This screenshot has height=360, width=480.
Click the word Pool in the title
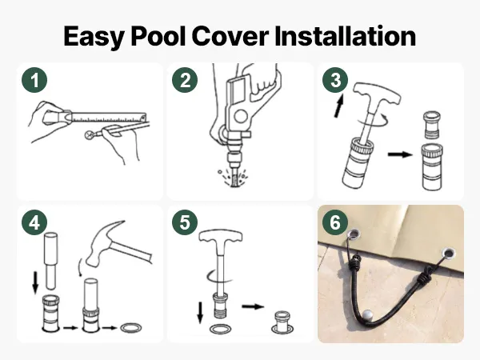tap(158, 36)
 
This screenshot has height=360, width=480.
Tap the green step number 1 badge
tap(34, 80)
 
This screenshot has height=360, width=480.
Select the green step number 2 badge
tap(185, 80)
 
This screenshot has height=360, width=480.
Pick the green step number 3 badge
tap(335, 80)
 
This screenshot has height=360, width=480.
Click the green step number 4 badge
tap(34, 222)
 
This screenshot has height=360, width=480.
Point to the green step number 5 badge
tap(185, 222)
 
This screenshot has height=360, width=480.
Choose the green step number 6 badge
tap(335, 222)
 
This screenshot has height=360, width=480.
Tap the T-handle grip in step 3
tap(377, 93)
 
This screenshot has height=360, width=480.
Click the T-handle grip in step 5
tap(221, 238)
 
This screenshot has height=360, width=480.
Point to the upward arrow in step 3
tap(338, 106)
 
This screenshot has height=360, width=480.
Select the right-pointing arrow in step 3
tap(400, 154)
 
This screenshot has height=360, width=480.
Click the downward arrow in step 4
tap(35, 283)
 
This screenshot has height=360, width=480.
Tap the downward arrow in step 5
tap(200, 313)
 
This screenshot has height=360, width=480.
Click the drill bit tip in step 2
tap(234, 183)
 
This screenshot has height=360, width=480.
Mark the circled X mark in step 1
tap(90, 134)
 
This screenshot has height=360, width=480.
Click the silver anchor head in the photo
tap(367, 314)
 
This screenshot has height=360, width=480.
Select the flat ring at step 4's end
tap(131, 328)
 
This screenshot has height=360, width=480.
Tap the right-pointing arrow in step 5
tap(253, 306)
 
